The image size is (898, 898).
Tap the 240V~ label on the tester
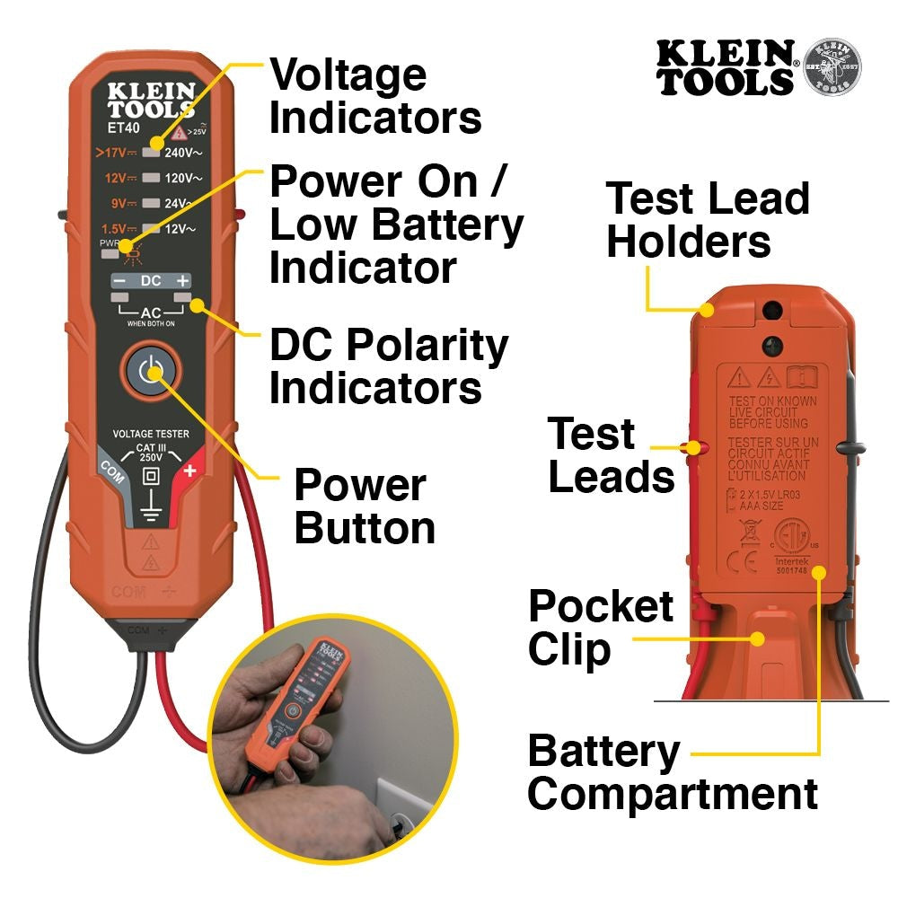click(x=183, y=153)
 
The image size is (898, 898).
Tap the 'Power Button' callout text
click(x=364, y=506)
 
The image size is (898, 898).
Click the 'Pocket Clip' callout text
click(x=600, y=629)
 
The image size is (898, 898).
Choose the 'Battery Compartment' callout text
click(x=672, y=773)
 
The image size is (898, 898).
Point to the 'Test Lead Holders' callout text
click(x=707, y=220)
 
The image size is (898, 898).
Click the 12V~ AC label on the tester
click(x=182, y=230)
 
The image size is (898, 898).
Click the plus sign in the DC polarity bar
click(x=182, y=281)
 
